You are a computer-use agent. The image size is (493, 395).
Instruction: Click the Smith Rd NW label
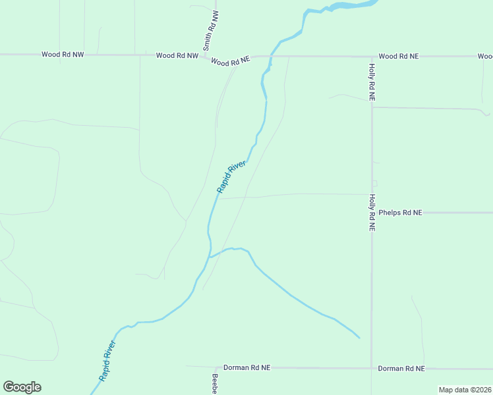pos(210,30)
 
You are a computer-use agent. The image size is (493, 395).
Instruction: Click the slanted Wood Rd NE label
pos(231,61)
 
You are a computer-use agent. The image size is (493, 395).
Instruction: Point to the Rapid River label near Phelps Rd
pos(231,176)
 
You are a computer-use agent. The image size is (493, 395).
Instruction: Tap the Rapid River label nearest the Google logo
pos(107,360)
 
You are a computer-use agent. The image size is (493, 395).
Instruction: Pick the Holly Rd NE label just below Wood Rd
pos(372,82)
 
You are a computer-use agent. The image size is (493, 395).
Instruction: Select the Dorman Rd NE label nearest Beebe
pos(246,367)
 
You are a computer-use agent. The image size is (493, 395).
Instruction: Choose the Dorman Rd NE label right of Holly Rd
pos(401,369)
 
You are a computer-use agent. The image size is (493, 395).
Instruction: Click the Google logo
pos(22,387)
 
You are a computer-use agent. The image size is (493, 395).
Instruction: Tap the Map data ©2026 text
pos(465,390)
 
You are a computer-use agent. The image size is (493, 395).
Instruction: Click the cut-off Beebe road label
pos(214,384)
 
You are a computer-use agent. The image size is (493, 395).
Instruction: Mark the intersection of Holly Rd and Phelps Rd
pos(372,213)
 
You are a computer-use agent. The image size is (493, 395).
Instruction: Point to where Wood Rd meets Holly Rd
pos(372,57)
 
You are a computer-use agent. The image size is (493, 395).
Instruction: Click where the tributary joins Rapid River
pos(210,257)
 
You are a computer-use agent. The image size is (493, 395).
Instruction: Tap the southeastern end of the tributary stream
pos(359,338)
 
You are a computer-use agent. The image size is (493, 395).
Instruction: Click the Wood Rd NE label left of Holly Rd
pos(398,57)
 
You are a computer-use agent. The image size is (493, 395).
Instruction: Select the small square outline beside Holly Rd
pos(374,183)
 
